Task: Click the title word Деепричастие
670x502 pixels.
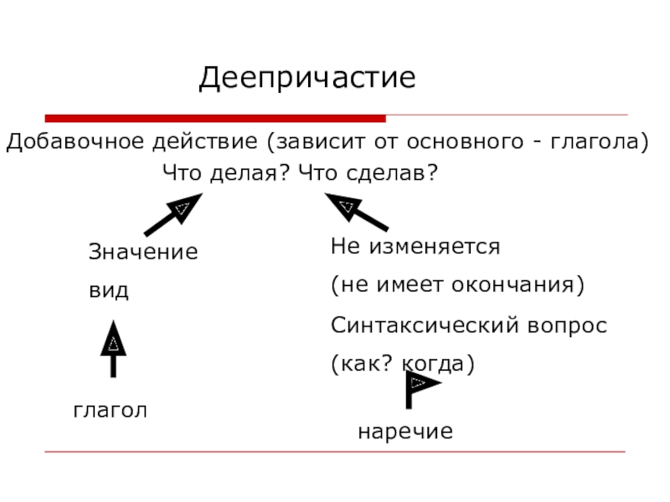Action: pos(307,79)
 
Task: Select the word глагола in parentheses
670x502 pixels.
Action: pos(597,141)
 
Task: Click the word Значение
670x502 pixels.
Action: pos(143,252)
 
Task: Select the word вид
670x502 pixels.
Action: pos(109,291)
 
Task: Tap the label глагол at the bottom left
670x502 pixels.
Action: pos(110,410)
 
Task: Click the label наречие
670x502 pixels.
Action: pos(405,432)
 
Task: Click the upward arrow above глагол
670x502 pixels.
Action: pos(113,351)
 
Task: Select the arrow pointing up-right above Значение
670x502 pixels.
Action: pos(173,214)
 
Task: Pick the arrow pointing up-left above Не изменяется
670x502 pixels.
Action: pos(357,212)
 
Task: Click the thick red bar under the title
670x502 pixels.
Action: pos(215,118)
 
